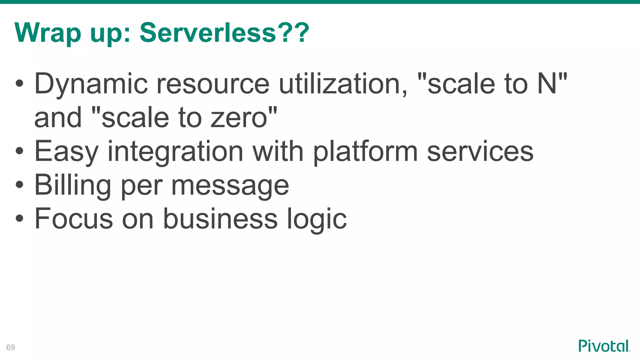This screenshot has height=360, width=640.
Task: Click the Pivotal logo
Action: [x=604, y=346]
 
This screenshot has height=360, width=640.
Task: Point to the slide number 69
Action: [x=11, y=347]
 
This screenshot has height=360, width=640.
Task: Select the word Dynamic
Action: [x=91, y=84]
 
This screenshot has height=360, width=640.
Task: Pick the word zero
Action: [x=239, y=118]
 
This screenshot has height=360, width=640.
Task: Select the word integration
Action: [x=175, y=152]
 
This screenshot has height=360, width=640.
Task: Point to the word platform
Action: [x=365, y=152]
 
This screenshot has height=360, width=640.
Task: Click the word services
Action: [x=480, y=151]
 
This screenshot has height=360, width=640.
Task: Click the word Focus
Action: [x=74, y=218]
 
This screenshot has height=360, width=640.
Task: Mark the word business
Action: [x=220, y=218]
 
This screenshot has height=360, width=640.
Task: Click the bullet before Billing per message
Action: [x=19, y=184]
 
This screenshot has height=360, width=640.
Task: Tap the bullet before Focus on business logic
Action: [x=19, y=218]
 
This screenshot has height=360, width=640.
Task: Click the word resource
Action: [x=212, y=84]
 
